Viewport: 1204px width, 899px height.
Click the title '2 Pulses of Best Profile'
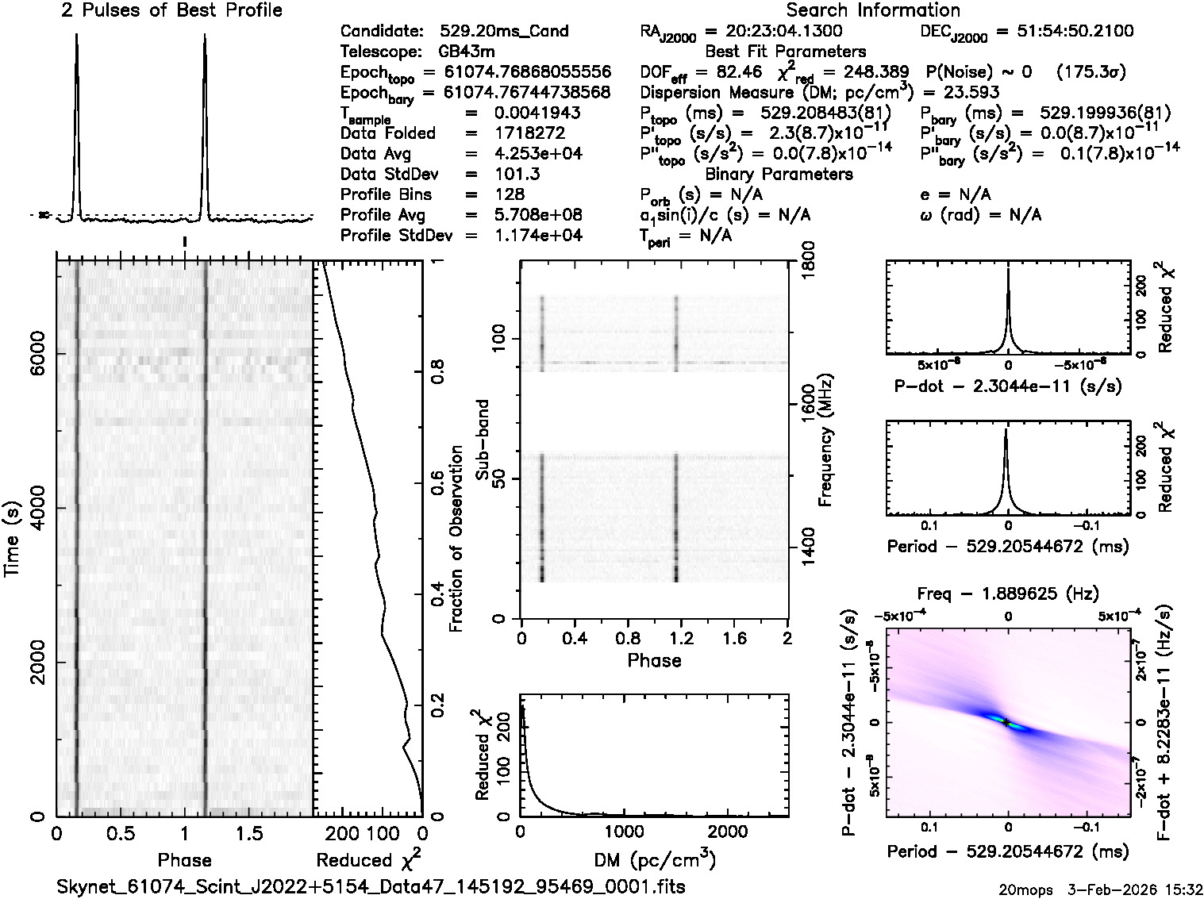pyautogui.click(x=171, y=10)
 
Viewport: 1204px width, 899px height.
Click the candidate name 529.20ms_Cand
pyautogui.click(x=503, y=32)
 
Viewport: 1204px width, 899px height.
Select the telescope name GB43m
pyautogui.click(x=467, y=52)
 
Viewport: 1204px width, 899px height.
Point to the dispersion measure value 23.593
pyautogui.click(x=971, y=92)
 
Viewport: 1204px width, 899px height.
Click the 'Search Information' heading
pyautogui.click(x=872, y=10)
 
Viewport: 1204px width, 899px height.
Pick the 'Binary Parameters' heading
pyautogui.click(x=779, y=174)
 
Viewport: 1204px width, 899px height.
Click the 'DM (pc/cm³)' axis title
pyautogui.click(x=655, y=860)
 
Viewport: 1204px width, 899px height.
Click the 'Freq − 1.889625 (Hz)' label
pyautogui.click(x=1007, y=594)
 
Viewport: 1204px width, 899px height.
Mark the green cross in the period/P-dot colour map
pyautogui.click(x=1006, y=722)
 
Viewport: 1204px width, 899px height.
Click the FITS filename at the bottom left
pyautogui.click(x=371, y=886)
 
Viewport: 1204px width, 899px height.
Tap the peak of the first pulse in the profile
pyautogui.click(x=76, y=35)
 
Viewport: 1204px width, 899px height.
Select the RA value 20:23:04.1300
pyautogui.click(x=774, y=32)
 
